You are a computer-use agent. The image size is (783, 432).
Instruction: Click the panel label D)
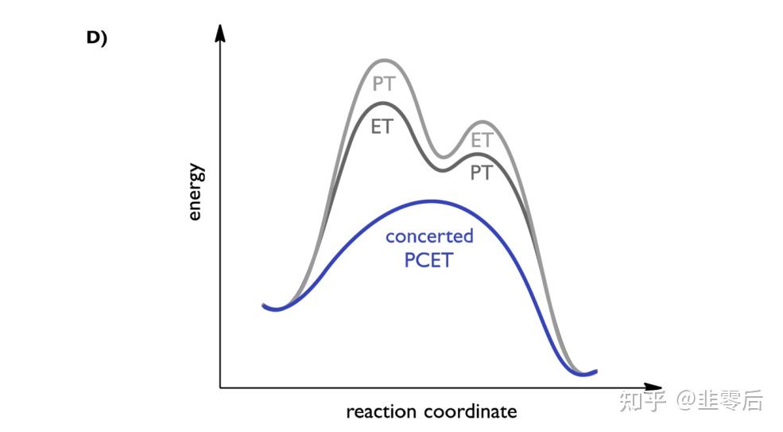pos(96,38)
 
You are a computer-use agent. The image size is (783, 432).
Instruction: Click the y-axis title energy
pos(196,193)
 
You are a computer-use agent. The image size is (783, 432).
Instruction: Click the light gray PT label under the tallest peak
pos(384,84)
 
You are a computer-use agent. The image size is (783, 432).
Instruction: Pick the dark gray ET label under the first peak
pos(382,126)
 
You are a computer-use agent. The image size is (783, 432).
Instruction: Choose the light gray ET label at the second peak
pos(482,140)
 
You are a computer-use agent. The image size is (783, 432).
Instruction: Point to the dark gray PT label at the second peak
pos(481,172)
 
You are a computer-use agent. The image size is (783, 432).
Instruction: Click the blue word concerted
pos(429,236)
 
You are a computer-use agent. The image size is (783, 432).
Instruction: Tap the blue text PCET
pos(428,260)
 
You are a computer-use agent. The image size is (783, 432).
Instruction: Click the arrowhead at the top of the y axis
pos(221,33)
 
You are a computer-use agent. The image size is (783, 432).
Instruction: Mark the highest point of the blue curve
pos(430,200)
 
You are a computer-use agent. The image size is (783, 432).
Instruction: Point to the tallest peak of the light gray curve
pos(385,60)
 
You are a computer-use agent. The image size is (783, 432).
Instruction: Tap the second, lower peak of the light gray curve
pos(480,122)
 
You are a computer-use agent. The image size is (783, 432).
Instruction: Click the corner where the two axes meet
pos(221,387)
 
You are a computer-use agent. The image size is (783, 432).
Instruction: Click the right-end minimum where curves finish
pos(584,373)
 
